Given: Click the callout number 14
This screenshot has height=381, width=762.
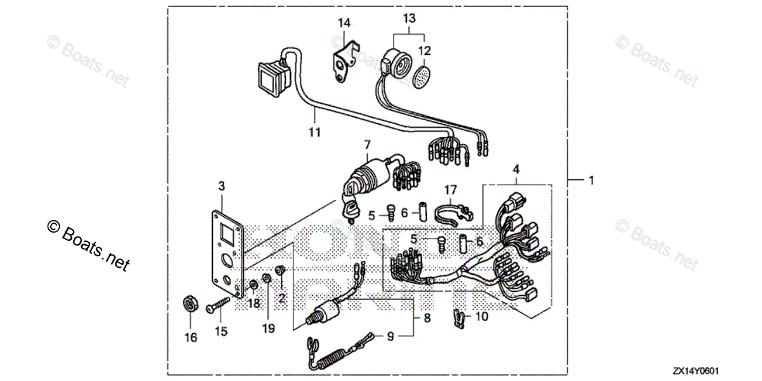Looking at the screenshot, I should [344, 24].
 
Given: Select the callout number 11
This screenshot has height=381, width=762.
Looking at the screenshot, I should [315, 132].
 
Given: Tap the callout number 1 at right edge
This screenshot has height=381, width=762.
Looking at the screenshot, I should [591, 181].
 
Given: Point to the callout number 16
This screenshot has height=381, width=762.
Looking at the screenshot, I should [191, 337].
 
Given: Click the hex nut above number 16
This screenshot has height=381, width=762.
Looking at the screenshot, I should [189, 303].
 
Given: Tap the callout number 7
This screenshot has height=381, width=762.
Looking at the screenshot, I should [366, 146].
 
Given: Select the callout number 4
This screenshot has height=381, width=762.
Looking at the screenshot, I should [516, 170].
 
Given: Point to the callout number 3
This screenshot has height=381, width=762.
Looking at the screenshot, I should [221, 186].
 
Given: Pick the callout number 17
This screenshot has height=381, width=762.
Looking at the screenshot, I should [450, 190].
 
